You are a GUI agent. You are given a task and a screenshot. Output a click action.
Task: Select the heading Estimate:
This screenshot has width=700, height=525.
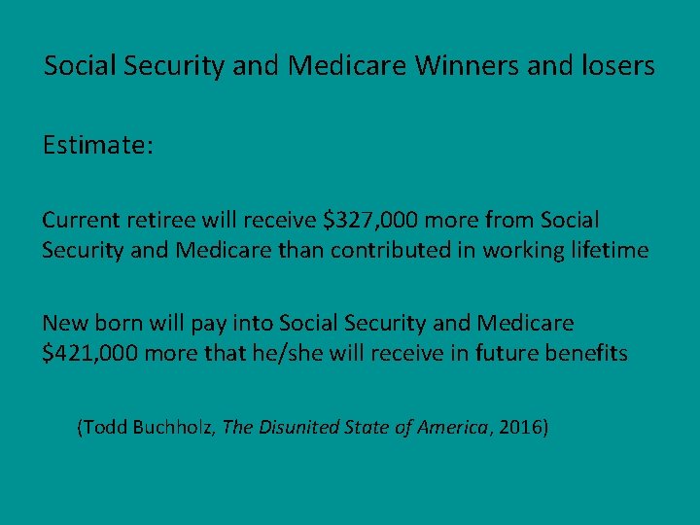point(97,147)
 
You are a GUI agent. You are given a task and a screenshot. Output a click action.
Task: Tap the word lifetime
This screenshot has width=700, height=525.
point(611,250)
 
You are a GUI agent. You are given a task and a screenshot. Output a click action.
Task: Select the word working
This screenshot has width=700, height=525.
point(516,250)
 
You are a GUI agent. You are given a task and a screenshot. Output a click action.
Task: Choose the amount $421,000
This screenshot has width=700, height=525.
point(90,353)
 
